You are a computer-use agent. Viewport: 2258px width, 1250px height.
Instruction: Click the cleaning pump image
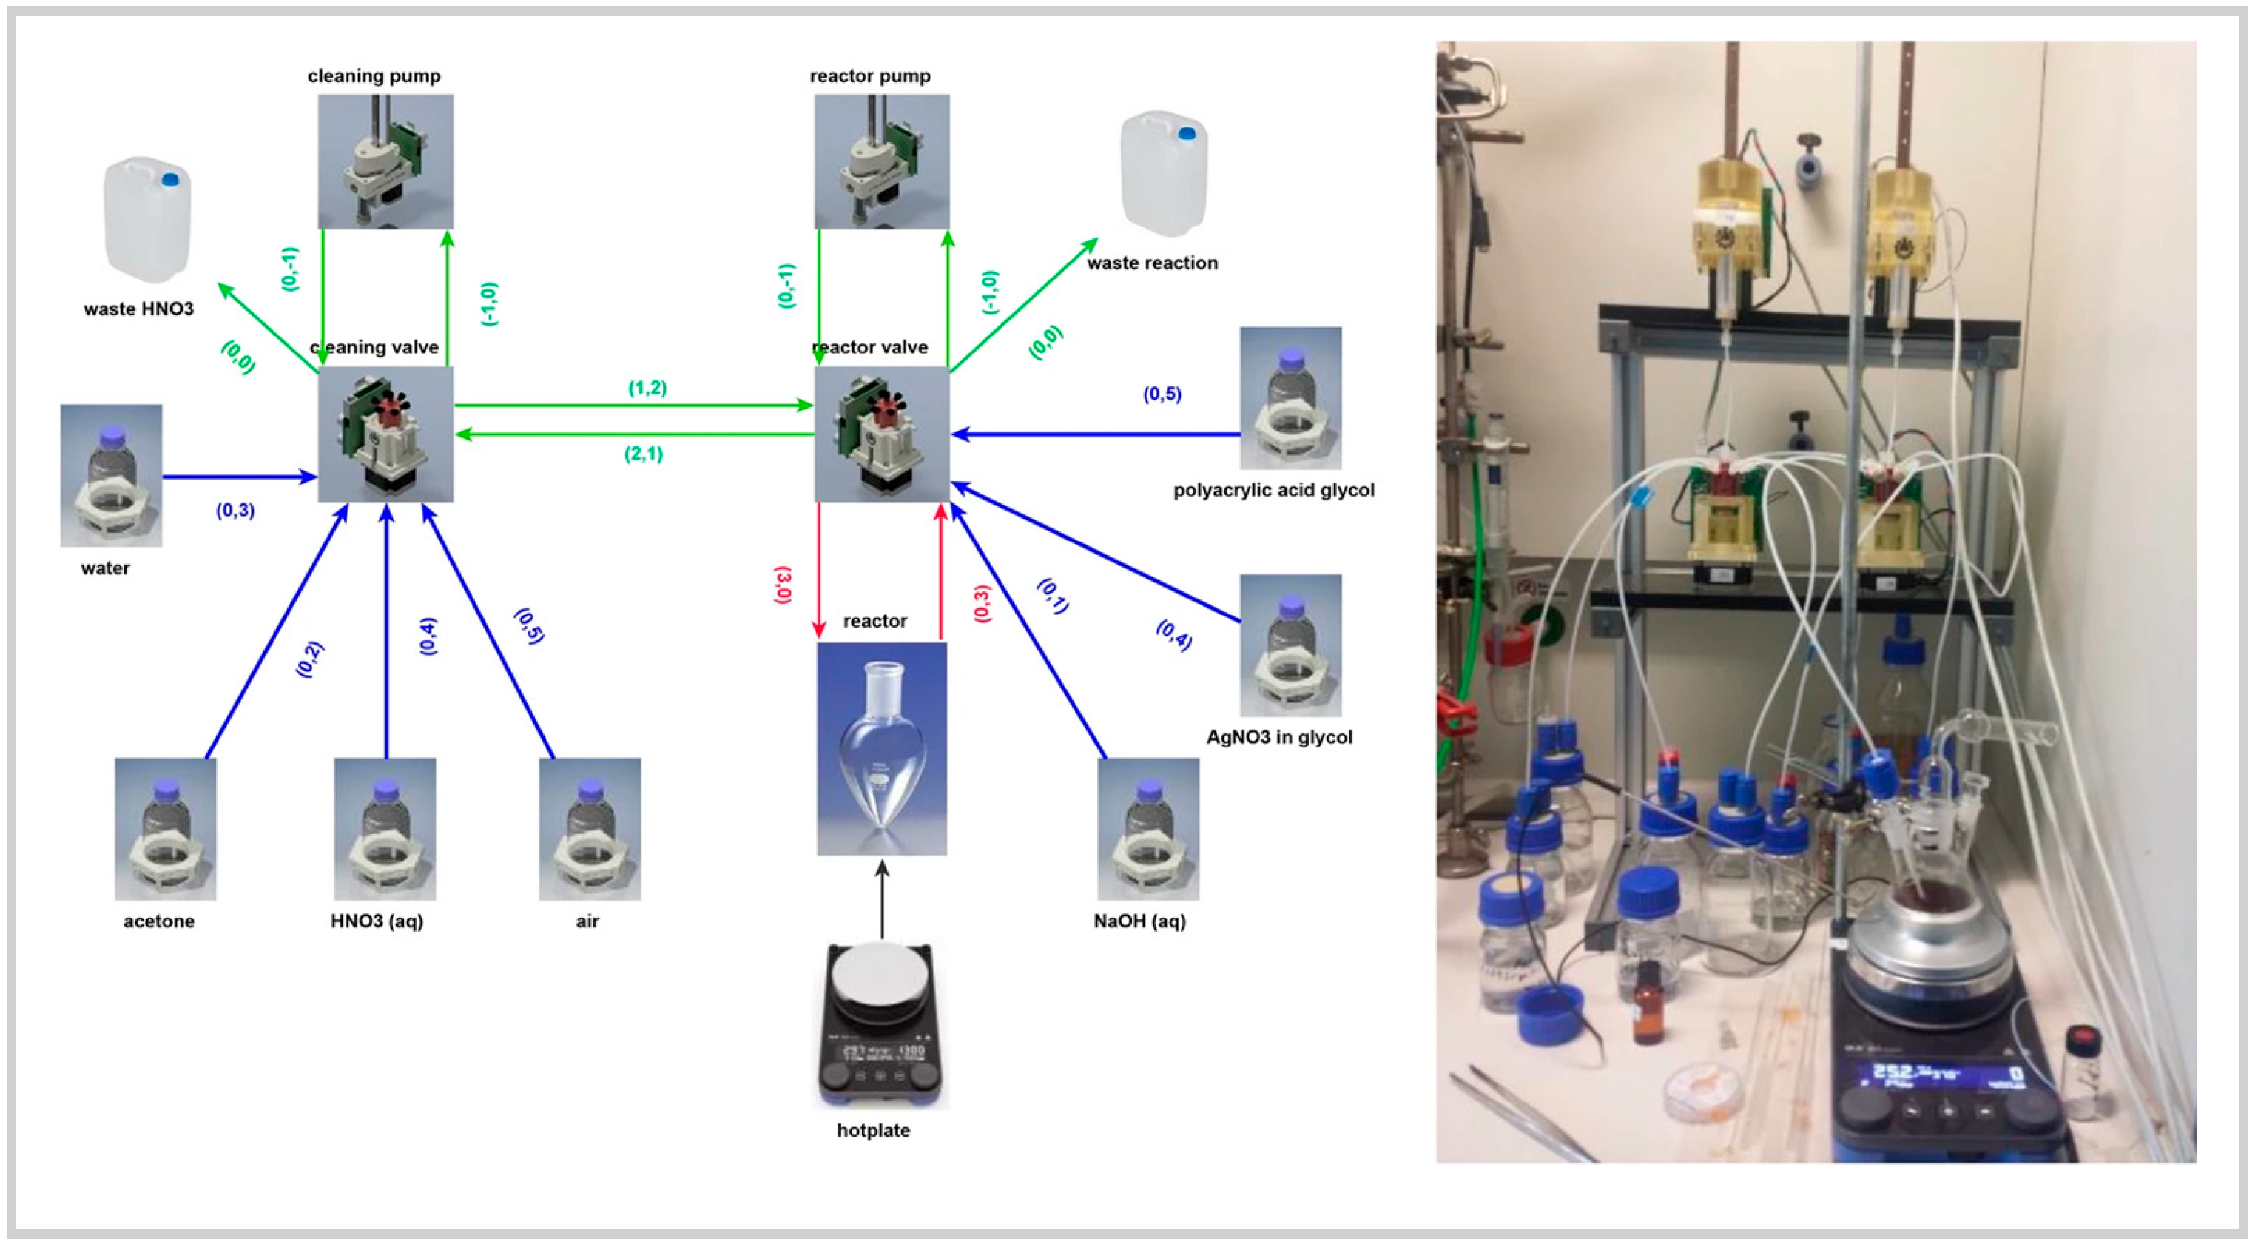pyautogui.click(x=385, y=161)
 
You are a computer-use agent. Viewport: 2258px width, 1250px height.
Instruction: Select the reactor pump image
pyautogui.click(x=881, y=161)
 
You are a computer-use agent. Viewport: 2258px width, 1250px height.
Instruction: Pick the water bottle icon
pyautogui.click(x=110, y=475)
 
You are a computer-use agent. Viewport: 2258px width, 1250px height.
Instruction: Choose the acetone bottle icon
pyautogui.click(x=165, y=828)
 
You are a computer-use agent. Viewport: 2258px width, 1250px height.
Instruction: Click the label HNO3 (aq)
pyautogui.click(x=377, y=921)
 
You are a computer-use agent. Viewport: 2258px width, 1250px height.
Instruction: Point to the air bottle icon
pyautogui.click(x=589, y=828)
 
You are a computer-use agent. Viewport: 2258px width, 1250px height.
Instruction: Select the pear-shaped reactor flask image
pyautogui.click(x=881, y=747)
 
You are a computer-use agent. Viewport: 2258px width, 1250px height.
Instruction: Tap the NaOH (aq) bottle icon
pyautogui.click(x=1147, y=828)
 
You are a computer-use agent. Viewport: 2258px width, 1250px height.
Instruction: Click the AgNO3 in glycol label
pyautogui.click(x=1279, y=737)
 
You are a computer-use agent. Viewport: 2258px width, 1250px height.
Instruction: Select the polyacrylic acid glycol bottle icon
pyautogui.click(x=1290, y=398)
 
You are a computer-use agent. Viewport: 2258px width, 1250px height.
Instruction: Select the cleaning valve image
pyautogui.click(x=385, y=434)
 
